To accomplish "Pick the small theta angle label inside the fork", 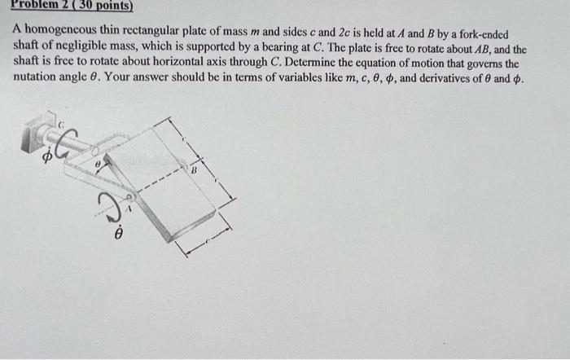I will tap(98, 164).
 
